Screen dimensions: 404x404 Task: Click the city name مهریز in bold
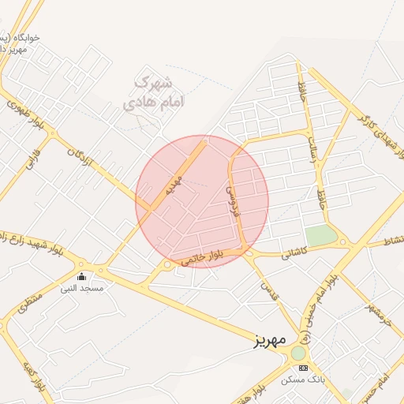click(x=268, y=341)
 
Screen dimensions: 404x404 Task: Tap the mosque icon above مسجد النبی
click(x=83, y=276)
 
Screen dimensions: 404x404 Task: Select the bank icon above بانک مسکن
click(x=302, y=368)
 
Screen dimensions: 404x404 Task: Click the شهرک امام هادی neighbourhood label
click(x=154, y=91)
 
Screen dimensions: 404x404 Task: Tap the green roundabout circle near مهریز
click(x=298, y=353)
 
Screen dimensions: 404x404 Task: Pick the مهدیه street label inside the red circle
click(x=174, y=187)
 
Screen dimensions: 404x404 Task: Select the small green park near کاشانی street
click(x=320, y=234)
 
